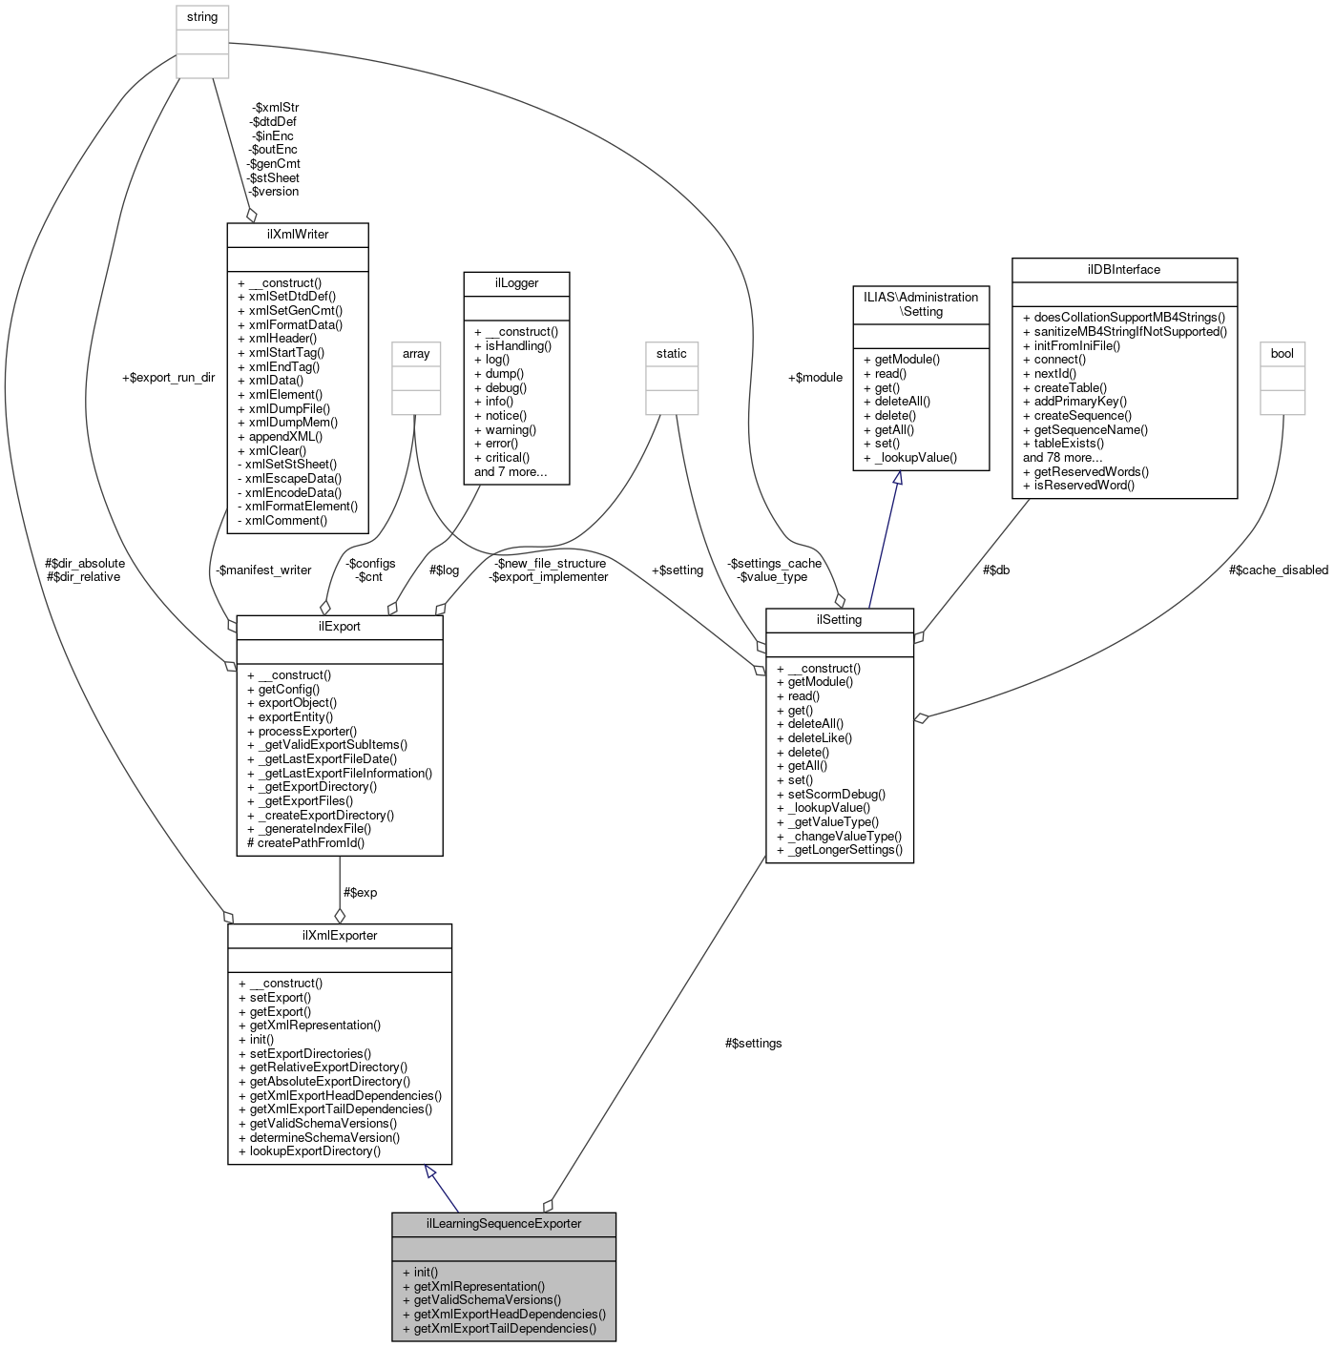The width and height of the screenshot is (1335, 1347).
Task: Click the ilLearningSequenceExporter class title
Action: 503,1224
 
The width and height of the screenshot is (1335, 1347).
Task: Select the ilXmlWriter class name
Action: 298,235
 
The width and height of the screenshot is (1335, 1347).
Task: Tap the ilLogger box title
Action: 516,283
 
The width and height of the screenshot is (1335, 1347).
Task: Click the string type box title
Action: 202,17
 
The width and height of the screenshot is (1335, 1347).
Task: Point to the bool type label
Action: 1282,354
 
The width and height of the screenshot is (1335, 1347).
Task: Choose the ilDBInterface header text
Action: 1123,270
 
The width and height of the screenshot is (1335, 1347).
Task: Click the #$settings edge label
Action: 753,1044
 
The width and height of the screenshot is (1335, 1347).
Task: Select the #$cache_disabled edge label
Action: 1278,570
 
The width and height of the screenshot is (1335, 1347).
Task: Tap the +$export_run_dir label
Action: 168,378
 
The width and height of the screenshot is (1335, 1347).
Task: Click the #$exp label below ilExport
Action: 360,893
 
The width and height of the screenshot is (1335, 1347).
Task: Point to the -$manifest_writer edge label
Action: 263,570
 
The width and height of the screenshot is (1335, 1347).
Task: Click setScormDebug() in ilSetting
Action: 836,794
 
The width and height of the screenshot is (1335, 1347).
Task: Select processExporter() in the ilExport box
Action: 307,732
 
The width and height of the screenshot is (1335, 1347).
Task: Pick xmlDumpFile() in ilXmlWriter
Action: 289,408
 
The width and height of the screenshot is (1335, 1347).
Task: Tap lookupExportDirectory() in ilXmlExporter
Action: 315,1151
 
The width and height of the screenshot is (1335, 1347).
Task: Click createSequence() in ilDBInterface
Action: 1082,416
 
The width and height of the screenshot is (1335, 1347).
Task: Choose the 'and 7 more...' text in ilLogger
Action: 511,472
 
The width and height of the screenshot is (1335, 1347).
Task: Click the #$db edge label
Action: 996,570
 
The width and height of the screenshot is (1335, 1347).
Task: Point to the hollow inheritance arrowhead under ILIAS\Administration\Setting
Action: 897,478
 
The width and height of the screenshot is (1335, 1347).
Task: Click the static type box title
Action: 671,354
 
